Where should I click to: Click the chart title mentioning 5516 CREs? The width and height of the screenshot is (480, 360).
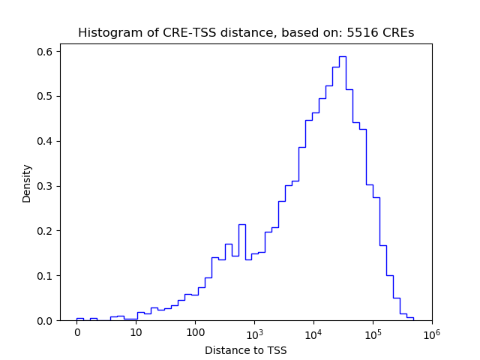point(245,33)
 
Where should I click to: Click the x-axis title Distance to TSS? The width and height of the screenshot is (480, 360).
point(245,349)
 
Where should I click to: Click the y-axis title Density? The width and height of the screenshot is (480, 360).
point(27,183)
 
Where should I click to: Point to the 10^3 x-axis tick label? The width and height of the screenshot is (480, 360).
point(254,332)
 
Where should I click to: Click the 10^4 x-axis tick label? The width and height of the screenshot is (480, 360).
point(313,332)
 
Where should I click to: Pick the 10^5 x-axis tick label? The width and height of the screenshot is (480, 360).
point(373,332)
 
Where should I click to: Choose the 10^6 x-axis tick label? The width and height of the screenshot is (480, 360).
point(431,332)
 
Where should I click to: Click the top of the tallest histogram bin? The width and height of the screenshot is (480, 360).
point(342,56)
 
